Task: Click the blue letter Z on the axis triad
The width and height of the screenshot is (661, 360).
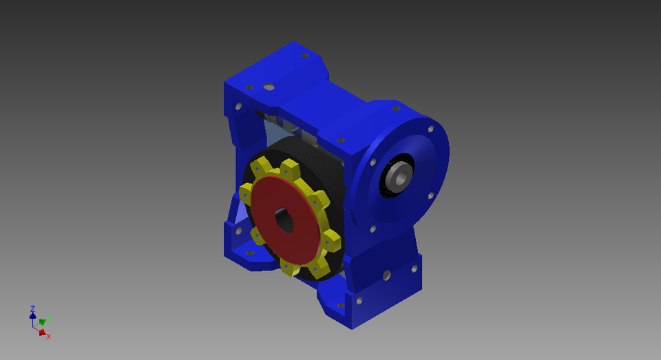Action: click(32, 309)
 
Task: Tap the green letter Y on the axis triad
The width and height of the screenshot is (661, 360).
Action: click(48, 317)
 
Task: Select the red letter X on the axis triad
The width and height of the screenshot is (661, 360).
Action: click(48, 337)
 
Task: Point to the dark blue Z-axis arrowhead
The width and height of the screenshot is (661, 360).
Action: click(32, 316)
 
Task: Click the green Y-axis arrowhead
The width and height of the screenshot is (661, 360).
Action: click(42, 321)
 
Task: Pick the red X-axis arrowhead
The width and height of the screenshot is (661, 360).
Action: click(42, 332)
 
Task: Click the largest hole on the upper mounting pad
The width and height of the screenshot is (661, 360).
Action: click(269, 87)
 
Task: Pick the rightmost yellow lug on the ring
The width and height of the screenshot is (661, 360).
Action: click(332, 242)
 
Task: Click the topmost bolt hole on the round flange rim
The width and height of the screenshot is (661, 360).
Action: click(396, 108)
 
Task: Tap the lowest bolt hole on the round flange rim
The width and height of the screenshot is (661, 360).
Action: click(373, 229)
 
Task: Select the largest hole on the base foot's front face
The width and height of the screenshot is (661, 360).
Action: click(387, 275)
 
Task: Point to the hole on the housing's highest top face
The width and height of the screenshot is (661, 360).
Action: click(304, 55)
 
